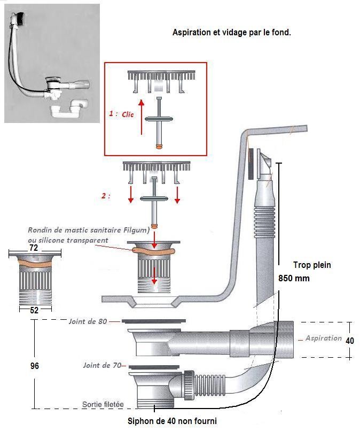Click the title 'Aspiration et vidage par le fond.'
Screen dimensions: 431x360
tap(231, 33)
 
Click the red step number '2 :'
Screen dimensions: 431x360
tap(106, 196)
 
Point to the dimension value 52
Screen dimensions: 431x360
tap(34, 310)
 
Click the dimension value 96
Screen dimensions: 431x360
tap(35, 366)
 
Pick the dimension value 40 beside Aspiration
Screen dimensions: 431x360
tap(349, 341)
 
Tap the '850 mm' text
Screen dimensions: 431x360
tap(294, 278)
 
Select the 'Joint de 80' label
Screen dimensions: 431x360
tap(88, 321)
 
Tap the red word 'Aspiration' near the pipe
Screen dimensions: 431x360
tap(324, 338)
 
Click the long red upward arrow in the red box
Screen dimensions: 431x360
tap(142, 118)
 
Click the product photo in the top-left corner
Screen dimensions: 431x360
tap(52, 63)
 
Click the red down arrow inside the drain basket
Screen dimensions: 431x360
tap(155, 274)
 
